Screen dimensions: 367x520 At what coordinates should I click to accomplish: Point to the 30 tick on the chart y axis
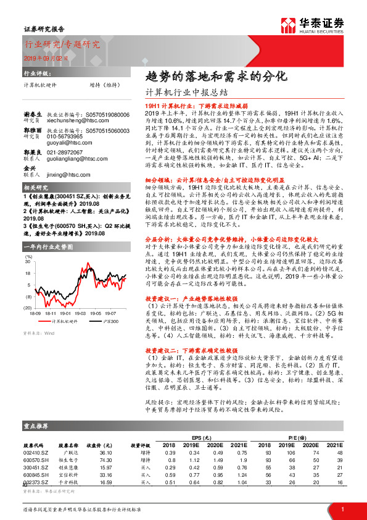click(28, 262)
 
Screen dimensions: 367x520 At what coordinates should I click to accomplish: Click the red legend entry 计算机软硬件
click(60, 321)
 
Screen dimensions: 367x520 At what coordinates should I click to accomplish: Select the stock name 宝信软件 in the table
click(68, 474)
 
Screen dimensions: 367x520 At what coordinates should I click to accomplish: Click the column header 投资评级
click(139, 445)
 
